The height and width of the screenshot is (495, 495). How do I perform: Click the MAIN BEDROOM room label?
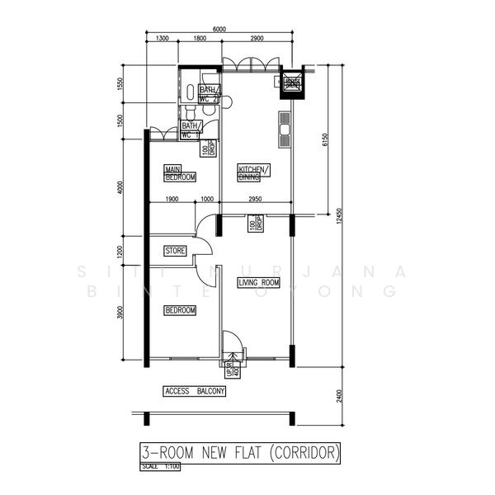[x=180, y=172]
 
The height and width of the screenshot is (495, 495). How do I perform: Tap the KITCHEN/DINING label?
[x=253, y=172]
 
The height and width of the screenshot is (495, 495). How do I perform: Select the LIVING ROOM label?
[x=258, y=283]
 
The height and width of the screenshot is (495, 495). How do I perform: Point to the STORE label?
[x=174, y=250]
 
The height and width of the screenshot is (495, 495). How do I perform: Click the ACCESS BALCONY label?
[x=195, y=391]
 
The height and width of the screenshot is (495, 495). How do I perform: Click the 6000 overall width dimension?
[x=219, y=29]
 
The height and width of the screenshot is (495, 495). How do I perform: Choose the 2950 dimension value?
[x=256, y=199]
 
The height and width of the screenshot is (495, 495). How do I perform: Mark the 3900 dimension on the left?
[x=120, y=314]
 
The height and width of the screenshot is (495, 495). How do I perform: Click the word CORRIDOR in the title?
[x=304, y=453]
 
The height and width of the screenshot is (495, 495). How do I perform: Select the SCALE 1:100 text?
[x=160, y=467]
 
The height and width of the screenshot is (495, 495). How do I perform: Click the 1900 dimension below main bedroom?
[x=172, y=199]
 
